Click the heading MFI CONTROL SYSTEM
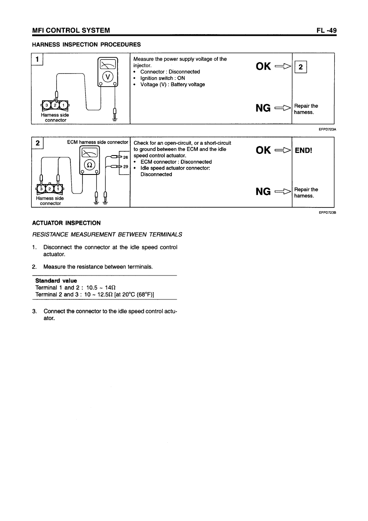click(x=71, y=30)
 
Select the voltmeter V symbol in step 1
click(x=108, y=76)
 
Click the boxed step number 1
click(x=38, y=59)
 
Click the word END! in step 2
click(x=304, y=150)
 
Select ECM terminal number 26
click(x=126, y=157)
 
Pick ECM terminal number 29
click(x=126, y=167)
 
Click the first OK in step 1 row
click(x=263, y=66)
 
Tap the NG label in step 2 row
click(x=263, y=191)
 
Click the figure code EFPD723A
click(x=327, y=129)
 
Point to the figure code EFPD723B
click(x=327, y=212)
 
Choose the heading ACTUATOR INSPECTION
click(x=66, y=223)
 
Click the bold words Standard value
click(x=56, y=281)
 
